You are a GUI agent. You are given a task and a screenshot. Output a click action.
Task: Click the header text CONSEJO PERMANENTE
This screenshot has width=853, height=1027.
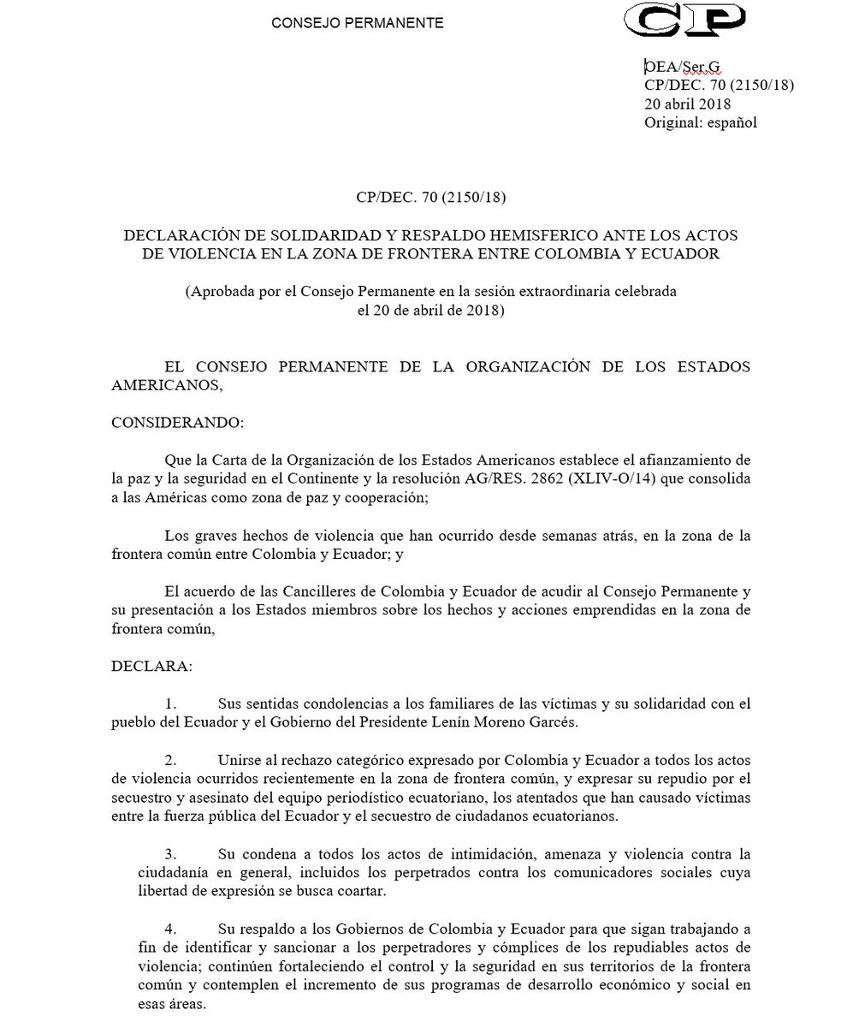tap(358, 23)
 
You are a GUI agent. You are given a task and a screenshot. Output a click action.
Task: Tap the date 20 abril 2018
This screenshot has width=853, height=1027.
tap(688, 104)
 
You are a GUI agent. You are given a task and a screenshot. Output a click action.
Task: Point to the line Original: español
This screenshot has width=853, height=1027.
tap(701, 122)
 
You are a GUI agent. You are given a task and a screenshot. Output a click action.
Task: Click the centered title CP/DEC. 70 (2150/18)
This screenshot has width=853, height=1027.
tap(432, 199)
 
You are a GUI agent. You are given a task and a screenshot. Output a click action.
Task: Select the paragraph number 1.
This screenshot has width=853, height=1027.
tap(171, 704)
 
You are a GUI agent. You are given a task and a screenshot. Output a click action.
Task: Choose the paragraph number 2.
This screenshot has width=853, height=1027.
tap(171, 760)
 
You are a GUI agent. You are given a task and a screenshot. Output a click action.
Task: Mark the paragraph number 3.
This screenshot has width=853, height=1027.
tap(171, 853)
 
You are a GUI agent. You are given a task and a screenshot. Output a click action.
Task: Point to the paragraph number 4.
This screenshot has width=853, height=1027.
tap(171, 928)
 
